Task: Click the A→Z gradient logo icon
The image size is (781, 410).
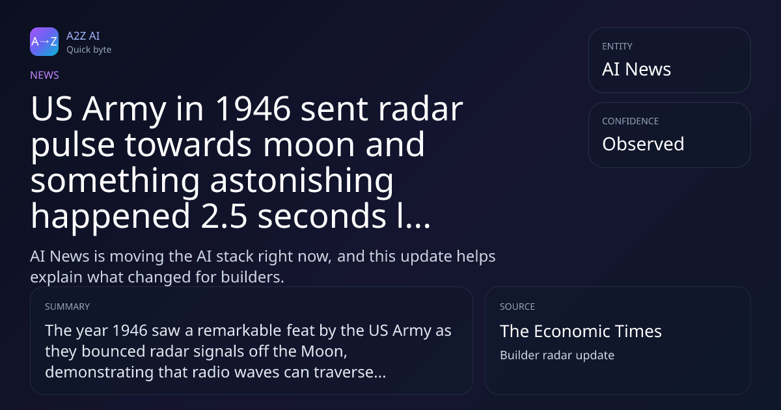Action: coord(44,42)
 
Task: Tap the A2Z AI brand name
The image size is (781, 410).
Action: coord(83,36)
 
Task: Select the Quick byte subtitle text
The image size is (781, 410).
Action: coord(89,50)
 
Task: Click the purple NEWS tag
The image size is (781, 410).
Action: coord(44,75)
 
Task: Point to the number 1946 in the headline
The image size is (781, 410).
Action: coord(253,109)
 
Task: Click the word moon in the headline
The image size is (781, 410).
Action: coord(308,144)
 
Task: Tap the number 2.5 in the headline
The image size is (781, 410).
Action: coord(224,216)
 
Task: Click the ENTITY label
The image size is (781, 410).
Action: coord(617,46)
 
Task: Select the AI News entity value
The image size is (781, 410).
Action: coord(637,69)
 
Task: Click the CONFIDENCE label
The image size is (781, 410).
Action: coord(631,121)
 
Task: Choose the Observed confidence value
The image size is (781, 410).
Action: coord(643,144)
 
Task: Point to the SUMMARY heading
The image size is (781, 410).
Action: coord(67,307)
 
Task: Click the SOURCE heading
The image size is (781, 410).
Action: coord(517,307)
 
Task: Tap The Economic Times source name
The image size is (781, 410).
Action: coord(581,331)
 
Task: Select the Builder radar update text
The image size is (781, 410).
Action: coord(557,355)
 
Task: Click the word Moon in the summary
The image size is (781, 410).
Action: coord(324,351)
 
